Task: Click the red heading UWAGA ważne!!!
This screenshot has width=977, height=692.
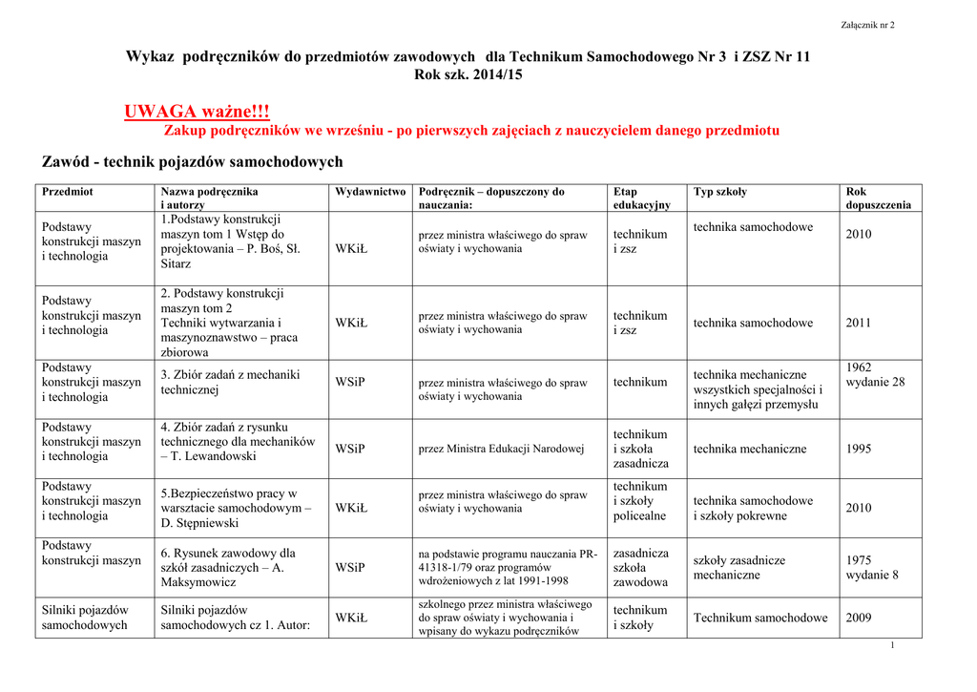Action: [197, 113]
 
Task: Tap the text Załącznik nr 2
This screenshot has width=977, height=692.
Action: [867, 25]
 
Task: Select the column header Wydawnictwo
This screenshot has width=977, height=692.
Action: [369, 192]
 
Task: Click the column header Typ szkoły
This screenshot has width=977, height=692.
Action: [720, 192]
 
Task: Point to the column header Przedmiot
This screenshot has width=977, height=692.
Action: [68, 192]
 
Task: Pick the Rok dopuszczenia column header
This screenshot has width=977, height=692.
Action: [878, 199]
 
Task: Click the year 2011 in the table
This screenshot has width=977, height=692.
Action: [859, 324]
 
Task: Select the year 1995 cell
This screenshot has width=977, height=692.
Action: [859, 449]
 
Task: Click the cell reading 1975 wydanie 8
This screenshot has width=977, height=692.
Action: [872, 568]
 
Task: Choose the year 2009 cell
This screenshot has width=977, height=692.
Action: [859, 619]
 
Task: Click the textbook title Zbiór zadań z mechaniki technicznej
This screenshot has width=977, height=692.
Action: [230, 382]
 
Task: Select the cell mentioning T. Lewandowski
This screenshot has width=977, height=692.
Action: [238, 442]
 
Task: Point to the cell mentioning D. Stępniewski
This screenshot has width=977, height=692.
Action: [236, 509]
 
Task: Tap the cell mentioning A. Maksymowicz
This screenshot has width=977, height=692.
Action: [228, 568]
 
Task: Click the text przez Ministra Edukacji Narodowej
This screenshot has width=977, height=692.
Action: [502, 449]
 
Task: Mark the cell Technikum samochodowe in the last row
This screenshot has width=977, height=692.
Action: [760, 619]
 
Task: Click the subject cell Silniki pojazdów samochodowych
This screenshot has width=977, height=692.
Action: [85, 618]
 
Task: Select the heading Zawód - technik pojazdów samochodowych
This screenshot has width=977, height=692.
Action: [193, 161]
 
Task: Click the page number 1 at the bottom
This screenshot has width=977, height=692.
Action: [891, 646]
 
